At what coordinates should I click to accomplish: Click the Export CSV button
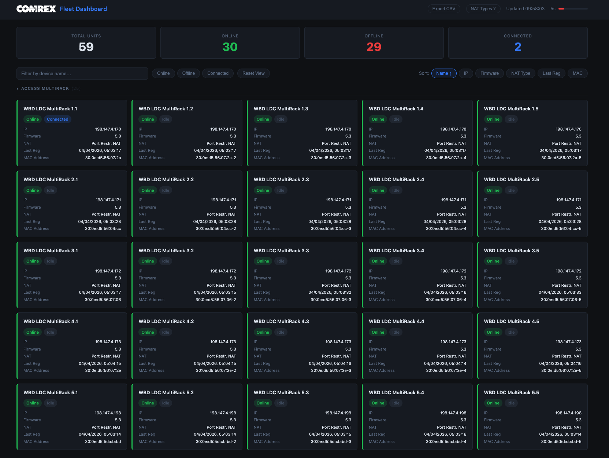tap(443, 9)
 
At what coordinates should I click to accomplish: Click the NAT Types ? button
tap(483, 9)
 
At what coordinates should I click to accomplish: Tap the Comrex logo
tap(36, 9)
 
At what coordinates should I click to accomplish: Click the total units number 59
tap(86, 47)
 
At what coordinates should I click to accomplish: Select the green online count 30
tap(230, 47)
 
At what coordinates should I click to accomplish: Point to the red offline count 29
tap(374, 47)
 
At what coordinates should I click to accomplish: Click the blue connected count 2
tap(517, 47)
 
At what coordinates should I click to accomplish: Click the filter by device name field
tap(82, 73)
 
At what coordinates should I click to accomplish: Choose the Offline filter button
tap(188, 73)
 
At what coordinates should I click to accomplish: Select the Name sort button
tap(443, 73)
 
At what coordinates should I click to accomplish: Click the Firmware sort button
tap(489, 73)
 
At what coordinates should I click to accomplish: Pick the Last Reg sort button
tap(551, 73)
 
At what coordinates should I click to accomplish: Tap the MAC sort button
tap(577, 73)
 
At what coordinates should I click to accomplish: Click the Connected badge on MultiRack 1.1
tap(57, 119)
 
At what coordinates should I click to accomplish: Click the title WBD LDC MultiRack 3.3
tap(281, 250)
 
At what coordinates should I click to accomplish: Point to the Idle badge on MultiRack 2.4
tap(396, 190)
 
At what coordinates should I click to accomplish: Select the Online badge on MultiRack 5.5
tap(493, 403)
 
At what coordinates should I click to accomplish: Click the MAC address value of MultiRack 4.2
tap(216, 370)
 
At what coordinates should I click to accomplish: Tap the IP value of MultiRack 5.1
tap(108, 413)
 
